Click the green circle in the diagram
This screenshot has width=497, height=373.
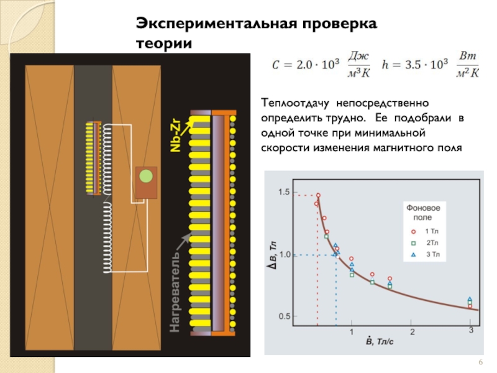click(145, 176)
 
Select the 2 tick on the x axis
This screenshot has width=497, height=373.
click(411, 330)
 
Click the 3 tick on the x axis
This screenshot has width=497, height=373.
click(471, 330)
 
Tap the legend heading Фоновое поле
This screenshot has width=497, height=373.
click(423, 211)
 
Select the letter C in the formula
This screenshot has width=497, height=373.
click(277, 64)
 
